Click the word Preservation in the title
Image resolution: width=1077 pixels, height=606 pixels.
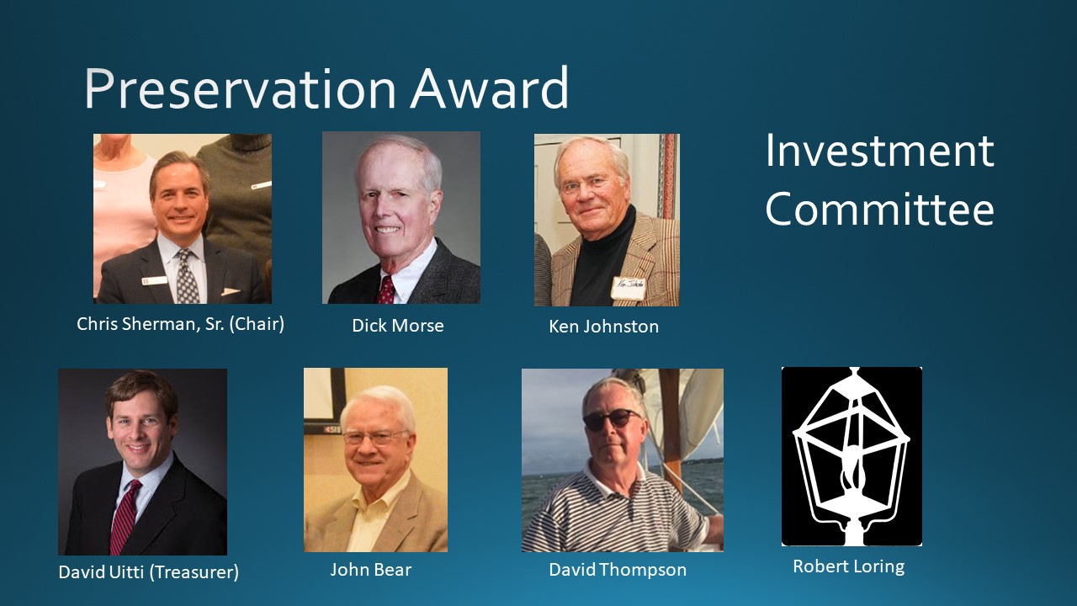[x=240, y=89]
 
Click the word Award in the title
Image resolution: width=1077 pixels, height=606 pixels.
[x=490, y=88]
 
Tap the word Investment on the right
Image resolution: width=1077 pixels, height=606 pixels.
[x=879, y=151]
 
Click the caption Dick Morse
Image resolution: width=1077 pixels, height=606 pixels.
[x=398, y=326]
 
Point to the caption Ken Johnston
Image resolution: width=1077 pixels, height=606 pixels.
[x=604, y=327]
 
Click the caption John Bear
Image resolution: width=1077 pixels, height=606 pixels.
[x=371, y=570]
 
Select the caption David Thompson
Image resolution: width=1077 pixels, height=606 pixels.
[x=618, y=571]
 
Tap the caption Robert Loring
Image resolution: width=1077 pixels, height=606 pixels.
[x=849, y=566]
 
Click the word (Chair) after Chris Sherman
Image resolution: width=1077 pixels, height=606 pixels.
[x=257, y=324]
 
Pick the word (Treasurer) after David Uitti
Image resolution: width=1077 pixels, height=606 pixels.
[x=194, y=571]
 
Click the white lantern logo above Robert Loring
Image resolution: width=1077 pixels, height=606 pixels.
[x=852, y=456]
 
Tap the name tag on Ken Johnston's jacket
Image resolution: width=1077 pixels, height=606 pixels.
[x=628, y=288]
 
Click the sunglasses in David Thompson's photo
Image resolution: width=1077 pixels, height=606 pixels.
[x=611, y=419]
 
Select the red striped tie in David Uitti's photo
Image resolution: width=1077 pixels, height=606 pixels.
[x=124, y=516]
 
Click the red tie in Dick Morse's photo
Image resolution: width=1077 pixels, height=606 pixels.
[x=385, y=290]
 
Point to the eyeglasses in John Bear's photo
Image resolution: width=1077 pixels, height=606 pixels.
[x=375, y=437]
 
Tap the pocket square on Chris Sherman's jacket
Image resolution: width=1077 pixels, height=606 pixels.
[x=231, y=291]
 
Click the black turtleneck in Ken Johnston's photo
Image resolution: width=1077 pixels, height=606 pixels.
[x=604, y=260]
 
